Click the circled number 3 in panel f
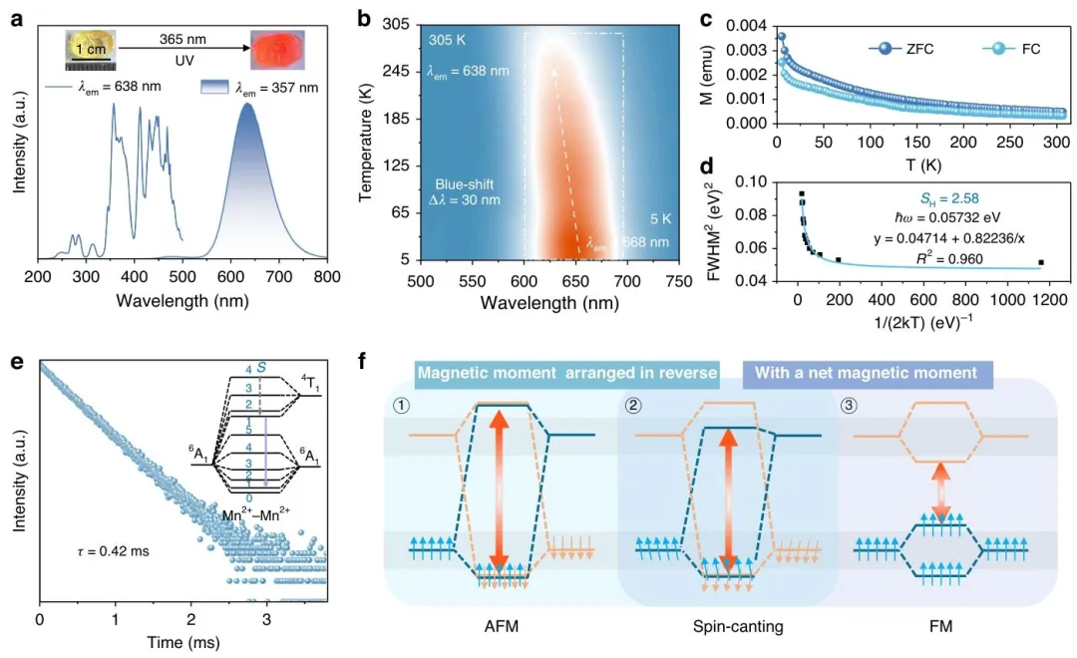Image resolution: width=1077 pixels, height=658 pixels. coord(851,404)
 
